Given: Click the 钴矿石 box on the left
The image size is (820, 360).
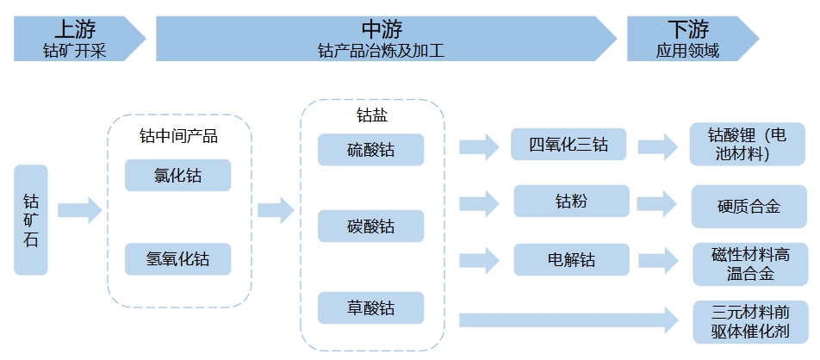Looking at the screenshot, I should (31, 220).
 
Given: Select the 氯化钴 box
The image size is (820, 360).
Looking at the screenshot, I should (177, 175).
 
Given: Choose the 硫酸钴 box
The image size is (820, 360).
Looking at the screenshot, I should (370, 149).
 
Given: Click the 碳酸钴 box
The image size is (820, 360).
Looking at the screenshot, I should (370, 227).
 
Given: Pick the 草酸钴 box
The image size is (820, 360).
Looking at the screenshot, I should (370, 307).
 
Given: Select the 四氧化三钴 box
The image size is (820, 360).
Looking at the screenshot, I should (568, 144).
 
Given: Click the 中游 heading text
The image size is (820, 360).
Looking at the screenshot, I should (382, 28).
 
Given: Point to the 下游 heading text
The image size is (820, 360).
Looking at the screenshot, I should (686, 28).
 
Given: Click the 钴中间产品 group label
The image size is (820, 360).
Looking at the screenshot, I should (178, 136).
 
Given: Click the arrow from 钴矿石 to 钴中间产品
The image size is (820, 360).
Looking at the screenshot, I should (79, 209).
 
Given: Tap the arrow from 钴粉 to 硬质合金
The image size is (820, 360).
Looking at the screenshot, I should (659, 203).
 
